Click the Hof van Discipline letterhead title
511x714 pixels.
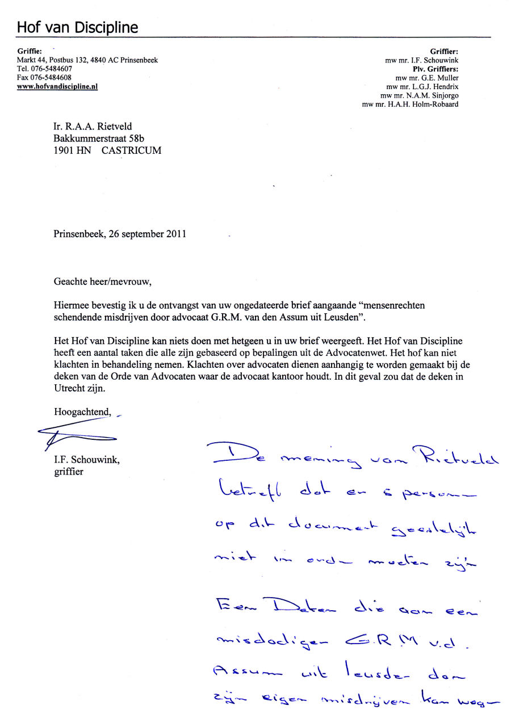pyautogui.click(x=77, y=27)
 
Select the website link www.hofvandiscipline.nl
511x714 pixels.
pyautogui.click(x=57, y=87)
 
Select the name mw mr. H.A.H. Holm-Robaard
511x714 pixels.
pyautogui.click(x=410, y=104)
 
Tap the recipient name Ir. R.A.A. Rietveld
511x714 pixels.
pyautogui.click(x=93, y=127)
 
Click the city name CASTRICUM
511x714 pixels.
pyautogui.click(x=131, y=151)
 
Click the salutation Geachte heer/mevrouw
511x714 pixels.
pyautogui.click(x=103, y=281)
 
